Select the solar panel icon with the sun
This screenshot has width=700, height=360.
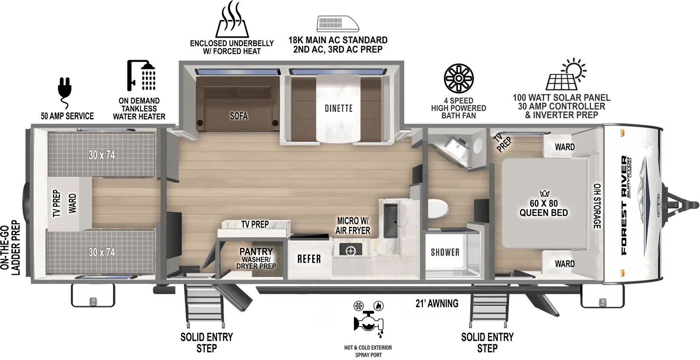click(566, 74)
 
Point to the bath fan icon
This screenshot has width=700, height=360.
click(458, 78)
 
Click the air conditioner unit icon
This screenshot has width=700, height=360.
click(338, 24)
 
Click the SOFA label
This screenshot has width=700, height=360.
click(239, 116)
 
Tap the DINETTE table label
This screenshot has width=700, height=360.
click(339, 108)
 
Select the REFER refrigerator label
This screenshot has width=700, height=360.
click(309, 259)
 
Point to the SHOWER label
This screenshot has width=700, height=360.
click(445, 252)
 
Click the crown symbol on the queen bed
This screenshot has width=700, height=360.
click(544, 193)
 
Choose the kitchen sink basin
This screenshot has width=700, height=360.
click(391, 220)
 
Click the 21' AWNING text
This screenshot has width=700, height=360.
click(437, 303)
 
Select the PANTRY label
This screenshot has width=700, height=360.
click(256, 252)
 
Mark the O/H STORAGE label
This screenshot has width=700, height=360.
click(597, 206)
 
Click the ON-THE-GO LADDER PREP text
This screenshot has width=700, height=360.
click(10, 248)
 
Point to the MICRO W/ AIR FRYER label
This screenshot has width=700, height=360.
click(353, 226)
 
